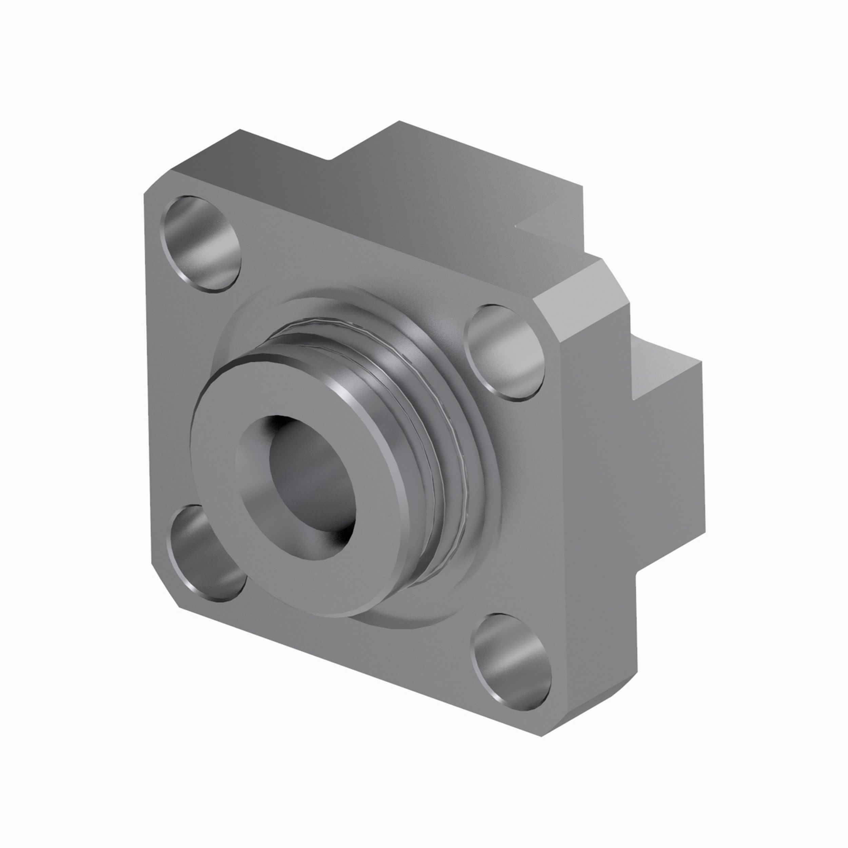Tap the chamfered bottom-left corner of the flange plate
point(165,588)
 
